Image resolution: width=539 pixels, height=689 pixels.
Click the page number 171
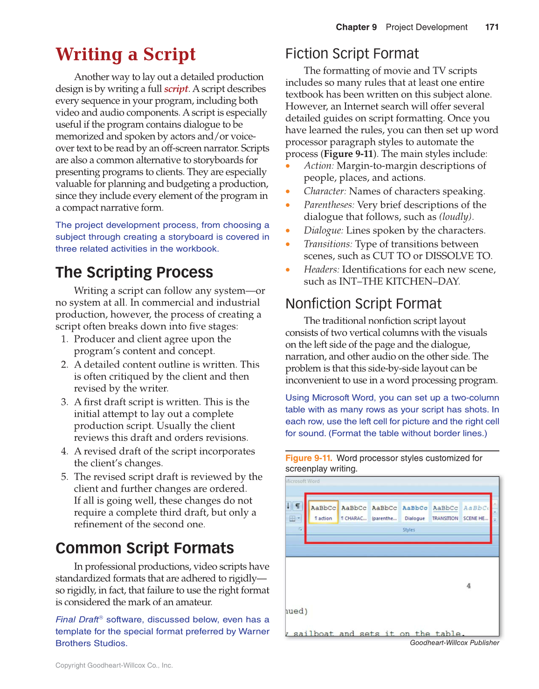491,27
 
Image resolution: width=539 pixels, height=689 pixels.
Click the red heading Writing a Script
125,55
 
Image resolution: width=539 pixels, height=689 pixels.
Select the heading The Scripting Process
134,272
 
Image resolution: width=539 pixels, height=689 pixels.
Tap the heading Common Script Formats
145,548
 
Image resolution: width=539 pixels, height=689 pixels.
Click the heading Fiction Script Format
352,54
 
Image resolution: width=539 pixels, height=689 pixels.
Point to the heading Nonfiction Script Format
363,304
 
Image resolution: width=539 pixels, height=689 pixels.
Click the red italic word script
176,89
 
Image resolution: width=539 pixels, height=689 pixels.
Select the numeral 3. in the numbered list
65,402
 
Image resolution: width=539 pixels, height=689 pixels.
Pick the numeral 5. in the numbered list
65,477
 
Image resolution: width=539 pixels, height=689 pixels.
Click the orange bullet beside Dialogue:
288,231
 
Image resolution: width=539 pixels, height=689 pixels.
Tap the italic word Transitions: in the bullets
328,244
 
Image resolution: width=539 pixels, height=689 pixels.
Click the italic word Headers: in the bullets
321,269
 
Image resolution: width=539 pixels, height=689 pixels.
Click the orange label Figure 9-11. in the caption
308,458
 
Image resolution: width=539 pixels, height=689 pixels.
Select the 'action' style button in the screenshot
323,512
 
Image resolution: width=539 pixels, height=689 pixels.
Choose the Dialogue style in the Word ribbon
415,512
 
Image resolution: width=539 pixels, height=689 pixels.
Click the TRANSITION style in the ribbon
445,512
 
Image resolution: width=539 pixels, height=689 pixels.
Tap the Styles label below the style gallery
408,530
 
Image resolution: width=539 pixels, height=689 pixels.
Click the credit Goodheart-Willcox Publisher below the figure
454,642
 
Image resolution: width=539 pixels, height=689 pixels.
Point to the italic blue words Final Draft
77,620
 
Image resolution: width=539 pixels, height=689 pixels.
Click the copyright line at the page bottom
114,665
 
